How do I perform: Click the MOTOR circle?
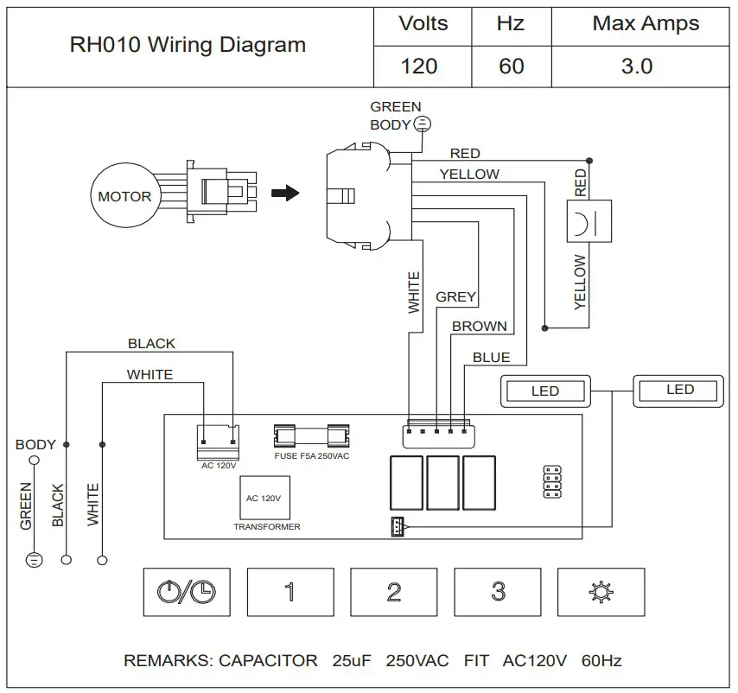tap(124, 196)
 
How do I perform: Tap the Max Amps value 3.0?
tap(637, 66)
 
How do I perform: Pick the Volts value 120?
tap(419, 66)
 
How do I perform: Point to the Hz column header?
tap(510, 23)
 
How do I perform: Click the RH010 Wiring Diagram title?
tap(188, 45)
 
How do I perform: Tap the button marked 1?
tap(289, 592)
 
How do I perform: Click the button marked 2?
tap(393, 592)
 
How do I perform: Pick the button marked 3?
tap(497, 592)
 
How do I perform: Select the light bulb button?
tap(601, 592)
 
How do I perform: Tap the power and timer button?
tap(187, 592)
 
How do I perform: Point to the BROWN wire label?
tap(480, 327)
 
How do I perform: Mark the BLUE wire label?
tap(491, 357)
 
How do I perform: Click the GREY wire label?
tap(455, 297)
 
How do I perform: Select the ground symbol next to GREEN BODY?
tap(422, 124)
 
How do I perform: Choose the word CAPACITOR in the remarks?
tap(268, 661)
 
